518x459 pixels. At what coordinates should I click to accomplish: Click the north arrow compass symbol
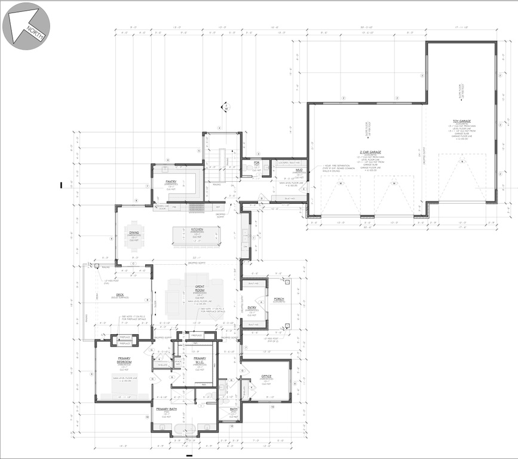pos(26,26)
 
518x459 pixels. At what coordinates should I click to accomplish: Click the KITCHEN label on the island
pos(197,229)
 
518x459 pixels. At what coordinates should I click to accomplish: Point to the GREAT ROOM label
pos(201,289)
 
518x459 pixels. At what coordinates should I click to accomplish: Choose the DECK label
pos(119,295)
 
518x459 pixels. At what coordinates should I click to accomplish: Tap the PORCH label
pos(279,299)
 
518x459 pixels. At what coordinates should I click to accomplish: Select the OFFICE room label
pos(266,376)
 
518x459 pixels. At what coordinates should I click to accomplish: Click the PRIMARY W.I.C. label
pos(199,360)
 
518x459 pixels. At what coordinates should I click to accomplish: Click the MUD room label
pos(298,170)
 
